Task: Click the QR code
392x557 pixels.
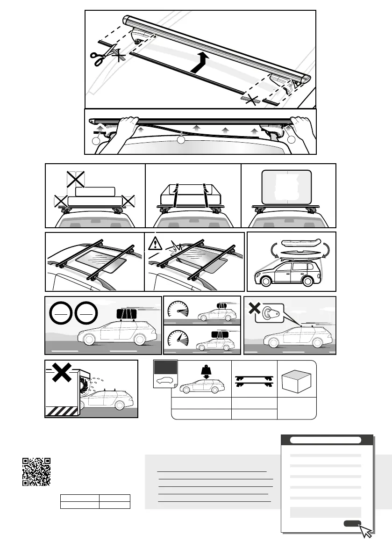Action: (x=36, y=472)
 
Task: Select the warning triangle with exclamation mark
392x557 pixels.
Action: (x=156, y=243)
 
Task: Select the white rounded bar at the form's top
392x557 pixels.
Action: (x=326, y=440)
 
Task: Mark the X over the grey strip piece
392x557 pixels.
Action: (x=253, y=100)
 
